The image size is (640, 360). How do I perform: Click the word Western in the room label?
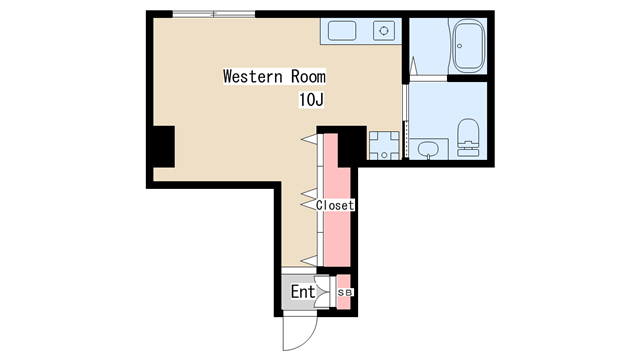pyautogui.click(x=253, y=76)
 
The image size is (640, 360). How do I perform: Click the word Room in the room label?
pyautogui.click(x=308, y=76)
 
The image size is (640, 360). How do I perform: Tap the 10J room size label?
pyautogui.click(x=311, y=100)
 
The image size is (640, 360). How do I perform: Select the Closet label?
pyautogui.click(x=335, y=205)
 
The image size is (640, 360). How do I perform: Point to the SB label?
pyautogui.click(x=345, y=292)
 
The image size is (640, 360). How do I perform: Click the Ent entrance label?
pyautogui.click(x=303, y=292)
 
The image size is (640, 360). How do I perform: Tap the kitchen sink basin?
pyautogui.click(x=342, y=31)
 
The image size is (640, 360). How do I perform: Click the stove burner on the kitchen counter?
pyautogui.click(x=384, y=31)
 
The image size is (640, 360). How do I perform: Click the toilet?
pyautogui.click(x=467, y=138)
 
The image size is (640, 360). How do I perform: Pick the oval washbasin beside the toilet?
pyautogui.click(x=428, y=149)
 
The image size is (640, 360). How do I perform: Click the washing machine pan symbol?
pyautogui.click(x=384, y=145)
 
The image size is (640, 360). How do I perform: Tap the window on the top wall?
pyautogui.click(x=214, y=14)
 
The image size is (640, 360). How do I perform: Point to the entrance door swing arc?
pyautogui.click(x=305, y=340)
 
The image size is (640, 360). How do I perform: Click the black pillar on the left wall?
pyautogui.click(x=164, y=147)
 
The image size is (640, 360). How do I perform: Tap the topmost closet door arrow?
pyautogui.click(x=309, y=139)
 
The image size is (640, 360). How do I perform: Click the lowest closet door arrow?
pyautogui.click(x=309, y=260)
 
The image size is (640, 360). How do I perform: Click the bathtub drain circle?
pyautogui.click(x=460, y=46)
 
